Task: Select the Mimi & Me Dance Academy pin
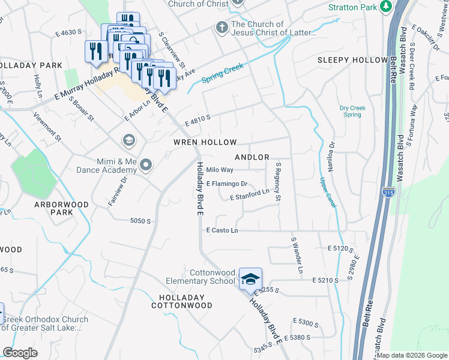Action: pos(145,164)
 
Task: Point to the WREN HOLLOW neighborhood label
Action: pos(205,142)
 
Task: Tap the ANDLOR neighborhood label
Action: pos(252,157)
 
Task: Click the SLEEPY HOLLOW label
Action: pos(352,60)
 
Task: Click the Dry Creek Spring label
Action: pos(351,111)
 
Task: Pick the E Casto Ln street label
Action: pos(222,230)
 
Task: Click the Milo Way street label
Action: pos(220,170)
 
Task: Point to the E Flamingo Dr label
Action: pos(227,184)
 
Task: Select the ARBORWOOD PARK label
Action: pos(61,208)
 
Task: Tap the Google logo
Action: pos(20,353)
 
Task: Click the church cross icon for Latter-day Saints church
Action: pos(221,27)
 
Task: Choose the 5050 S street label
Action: pos(140,221)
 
